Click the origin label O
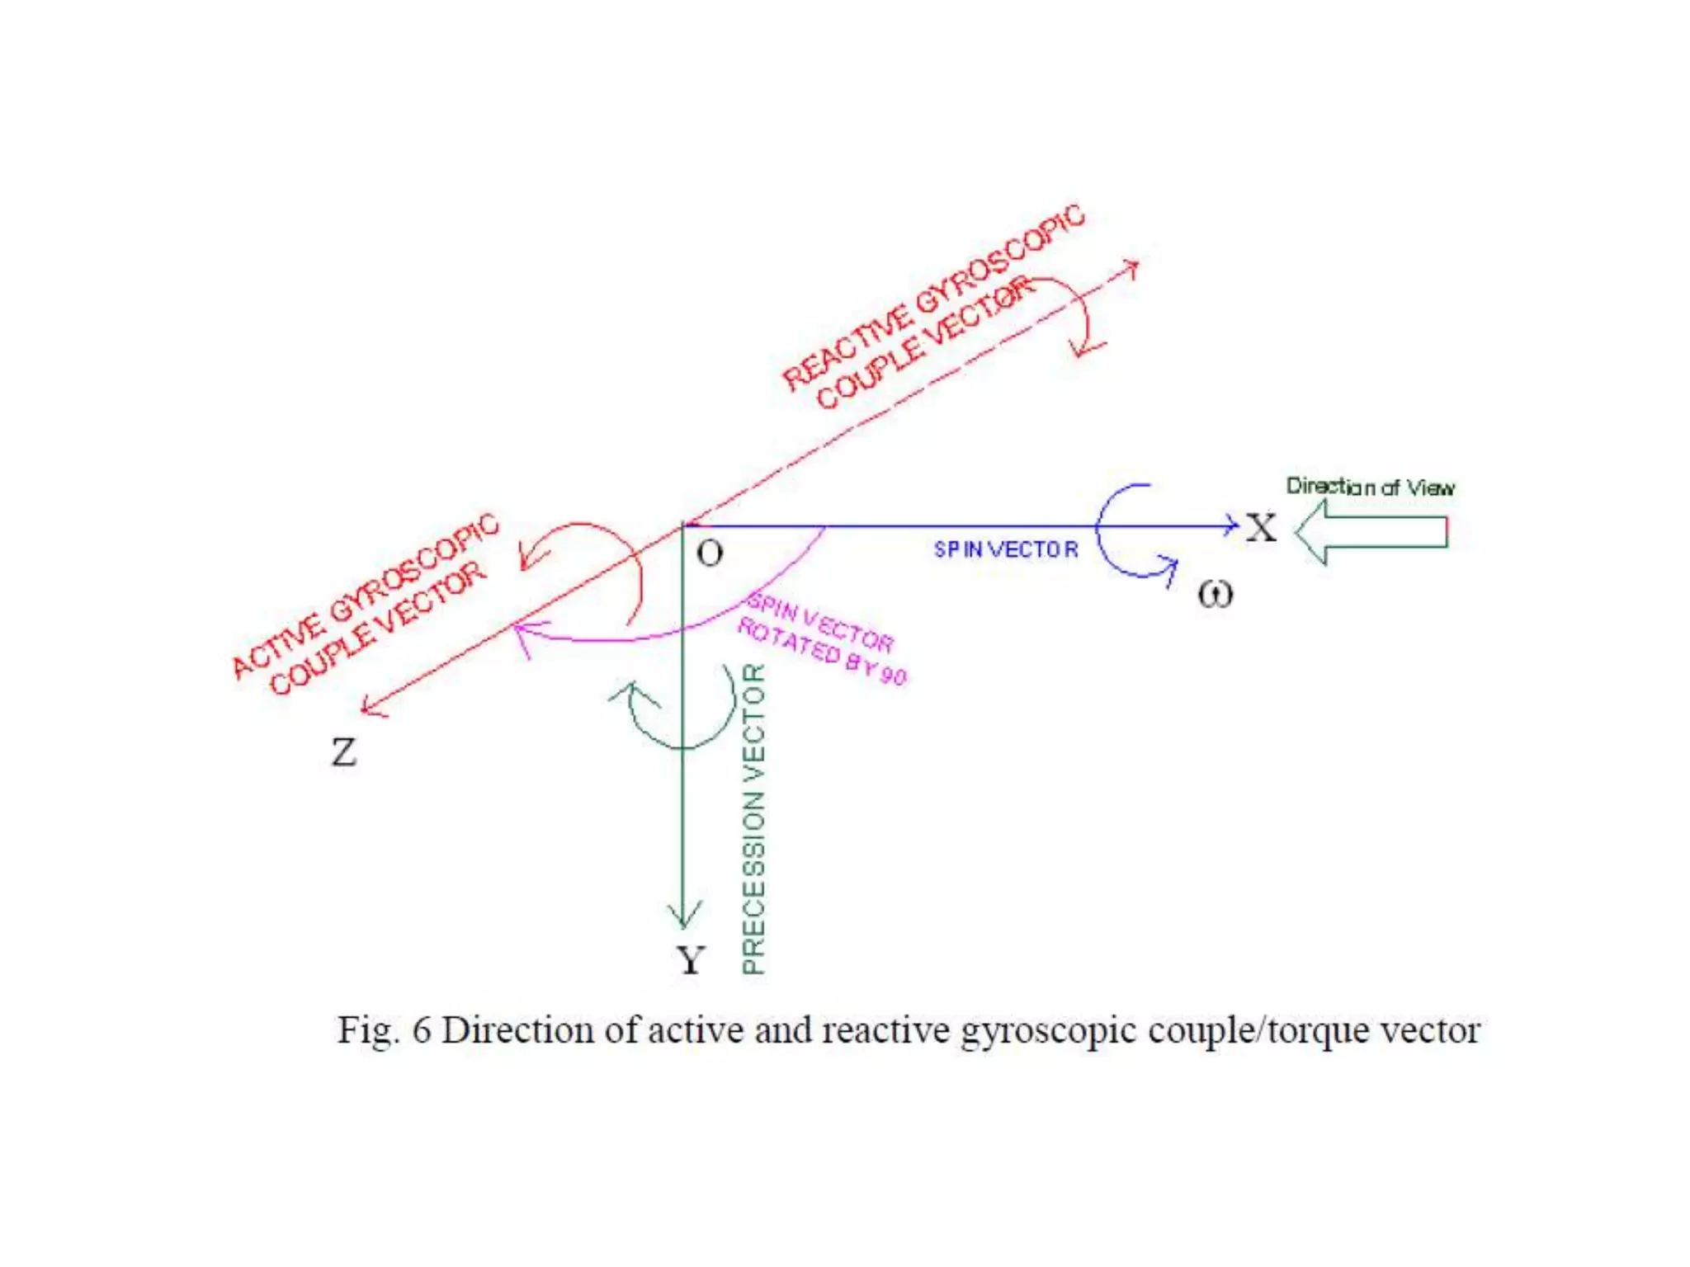(710, 553)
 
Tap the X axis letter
(1261, 528)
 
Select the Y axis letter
(691, 960)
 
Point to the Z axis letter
(344, 751)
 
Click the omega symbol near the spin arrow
(1216, 594)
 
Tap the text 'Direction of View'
(1370, 487)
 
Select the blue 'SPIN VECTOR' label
(1006, 549)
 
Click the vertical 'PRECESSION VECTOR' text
(753, 818)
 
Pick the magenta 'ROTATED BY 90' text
(822, 652)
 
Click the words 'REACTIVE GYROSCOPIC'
(933, 296)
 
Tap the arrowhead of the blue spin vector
(1233, 525)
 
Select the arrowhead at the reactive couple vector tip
(1133, 266)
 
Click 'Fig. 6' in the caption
(384, 1030)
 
